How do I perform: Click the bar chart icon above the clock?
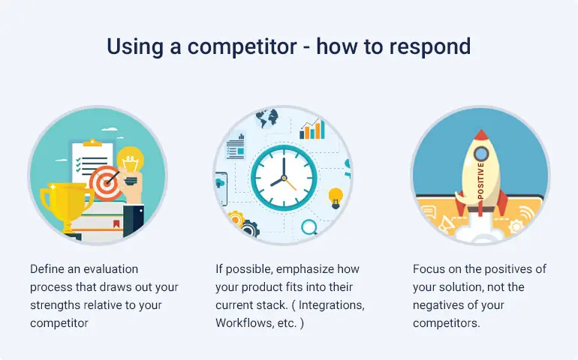click(312, 129)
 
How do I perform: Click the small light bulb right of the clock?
click(336, 197)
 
